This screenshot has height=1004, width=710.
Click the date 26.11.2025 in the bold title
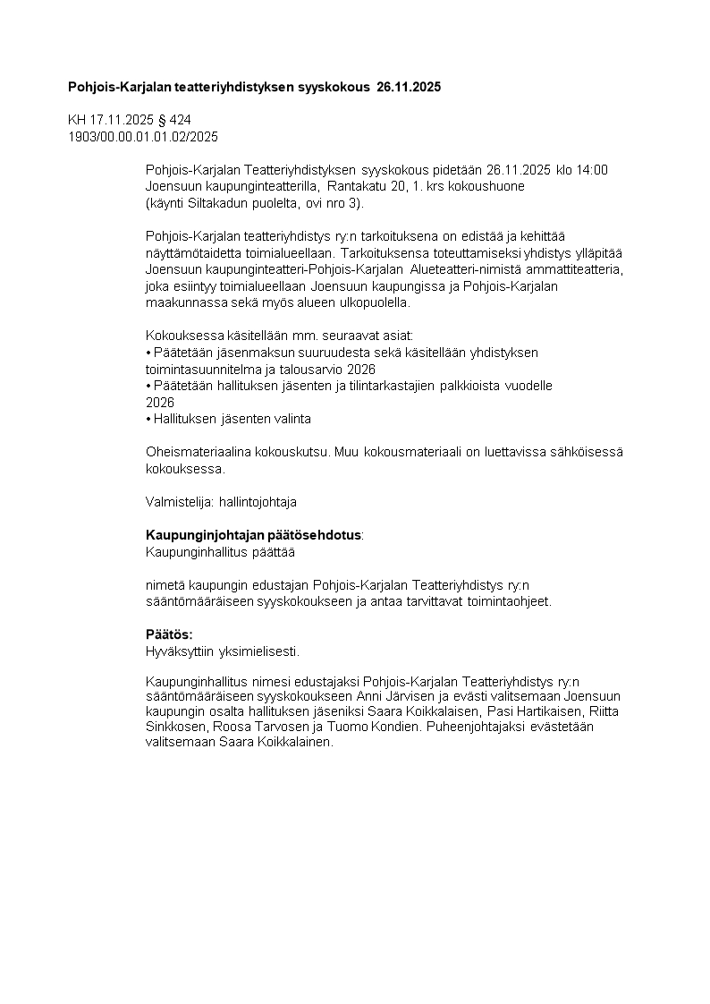409,88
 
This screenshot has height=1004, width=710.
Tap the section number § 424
173,120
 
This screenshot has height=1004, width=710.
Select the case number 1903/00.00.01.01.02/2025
143,137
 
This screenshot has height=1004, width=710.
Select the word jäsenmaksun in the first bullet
242,353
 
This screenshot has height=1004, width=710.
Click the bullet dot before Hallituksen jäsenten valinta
148,419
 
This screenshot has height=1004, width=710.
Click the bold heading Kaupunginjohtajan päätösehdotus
254,535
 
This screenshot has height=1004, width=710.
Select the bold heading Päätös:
169,634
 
